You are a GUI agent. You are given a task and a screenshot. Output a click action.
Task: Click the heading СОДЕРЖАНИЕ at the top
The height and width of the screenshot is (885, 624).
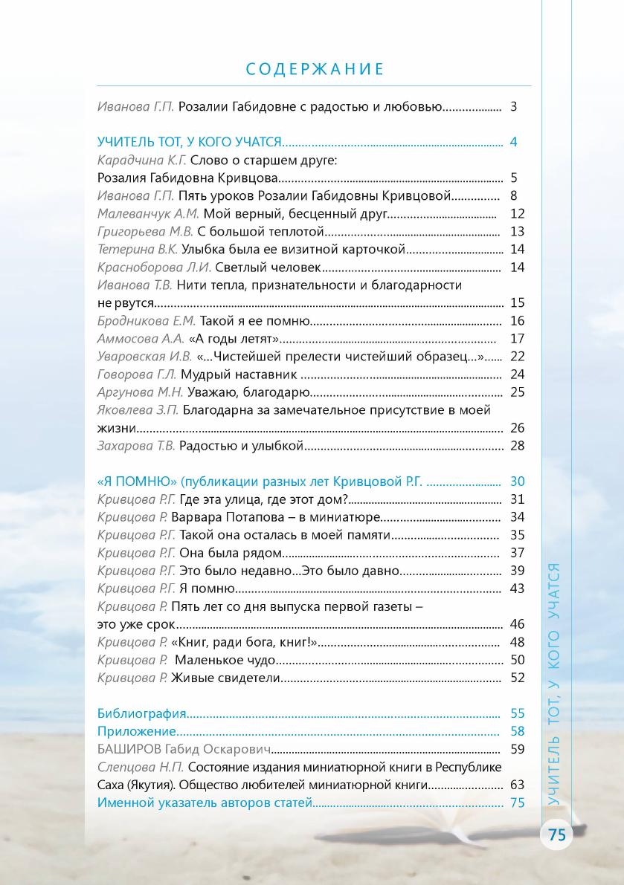pos(315,70)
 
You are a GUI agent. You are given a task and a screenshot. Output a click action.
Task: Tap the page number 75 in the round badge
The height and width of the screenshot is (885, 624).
pos(557,834)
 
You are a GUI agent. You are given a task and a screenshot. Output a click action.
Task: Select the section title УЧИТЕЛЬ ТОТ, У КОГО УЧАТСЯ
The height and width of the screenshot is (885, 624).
pos(189,142)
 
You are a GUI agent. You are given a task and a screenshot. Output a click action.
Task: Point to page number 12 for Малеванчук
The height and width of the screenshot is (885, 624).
pos(518,214)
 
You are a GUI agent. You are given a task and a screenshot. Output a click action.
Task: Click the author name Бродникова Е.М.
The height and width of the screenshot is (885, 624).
pos(147,321)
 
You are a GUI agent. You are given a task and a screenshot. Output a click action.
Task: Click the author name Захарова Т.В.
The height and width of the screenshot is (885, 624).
pos(136,446)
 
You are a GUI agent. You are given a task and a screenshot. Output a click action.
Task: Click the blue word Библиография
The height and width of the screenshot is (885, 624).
pos(141,713)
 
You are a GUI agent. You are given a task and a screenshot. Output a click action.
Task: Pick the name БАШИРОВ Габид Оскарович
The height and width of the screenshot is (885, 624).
pos(183,749)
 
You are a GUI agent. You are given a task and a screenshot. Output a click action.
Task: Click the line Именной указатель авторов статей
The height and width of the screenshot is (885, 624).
pos(205,803)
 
